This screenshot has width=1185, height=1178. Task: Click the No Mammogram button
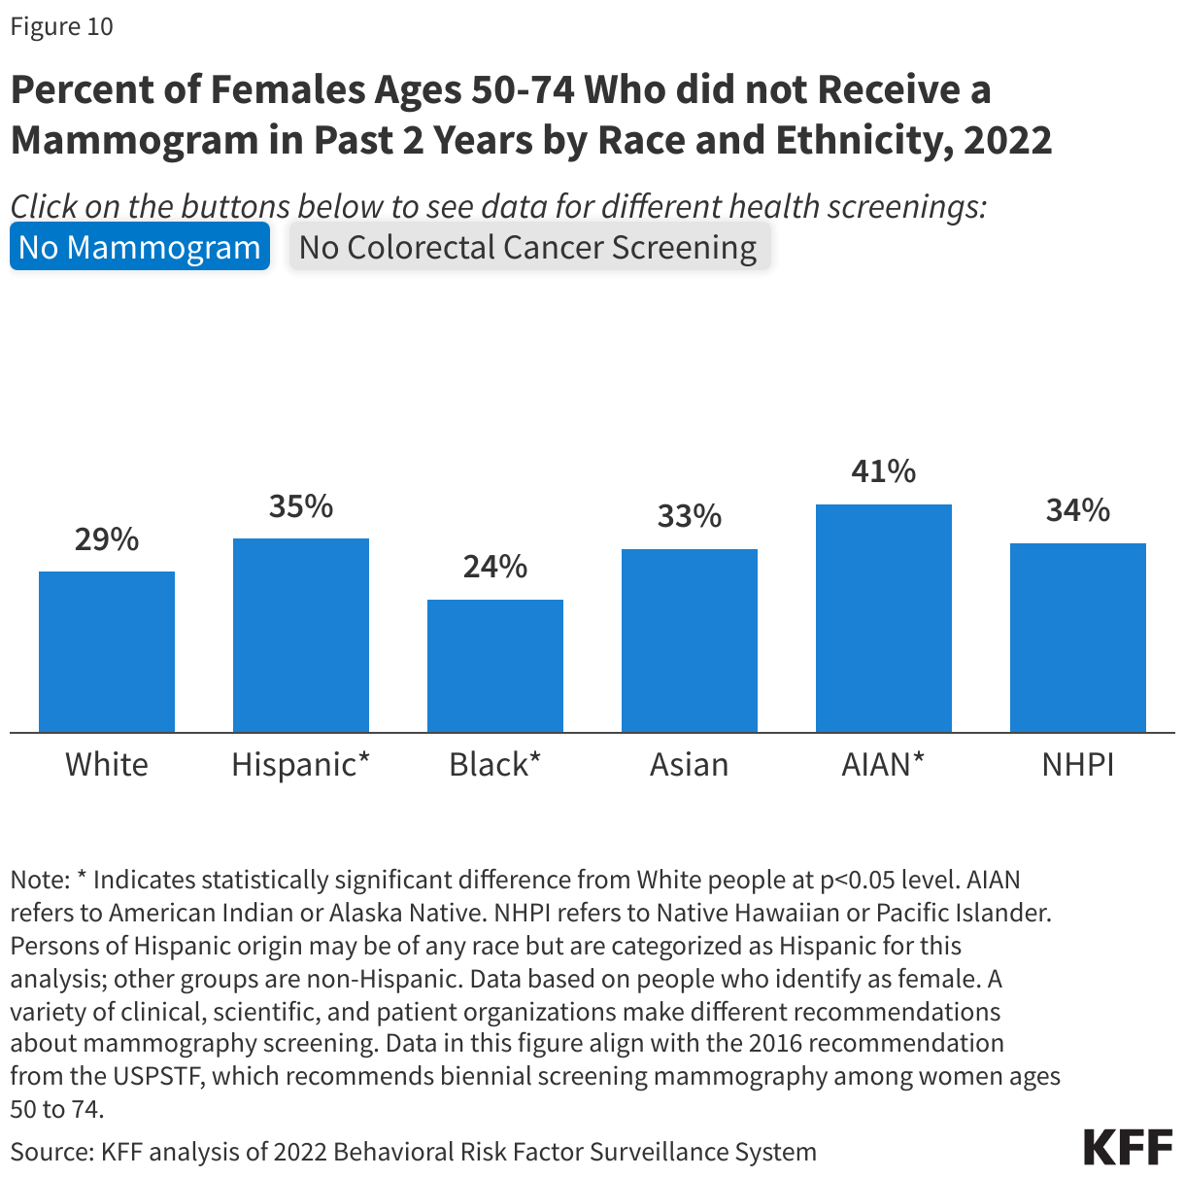(140, 247)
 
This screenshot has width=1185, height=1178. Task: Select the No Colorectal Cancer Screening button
(528, 247)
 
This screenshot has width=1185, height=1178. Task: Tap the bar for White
(107, 651)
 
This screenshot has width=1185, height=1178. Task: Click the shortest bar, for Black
(495, 666)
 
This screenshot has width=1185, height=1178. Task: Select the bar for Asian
(690, 641)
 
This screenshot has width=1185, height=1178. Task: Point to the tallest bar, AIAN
(884, 618)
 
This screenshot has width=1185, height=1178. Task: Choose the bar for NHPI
(1078, 638)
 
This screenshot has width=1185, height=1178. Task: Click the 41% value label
(884, 471)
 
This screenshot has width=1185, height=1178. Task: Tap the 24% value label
(495, 567)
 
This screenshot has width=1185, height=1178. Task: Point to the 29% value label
(107, 538)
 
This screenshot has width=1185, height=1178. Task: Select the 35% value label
(301, 505)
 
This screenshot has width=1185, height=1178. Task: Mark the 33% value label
(690, 516)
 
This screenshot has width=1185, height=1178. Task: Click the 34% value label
(1078, 510)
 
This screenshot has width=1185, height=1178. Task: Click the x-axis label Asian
(690, 765)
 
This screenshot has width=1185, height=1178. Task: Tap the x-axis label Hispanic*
(301, 765)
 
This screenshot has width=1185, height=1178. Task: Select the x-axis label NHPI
(1078, 765)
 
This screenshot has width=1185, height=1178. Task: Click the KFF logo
(1128, 1148)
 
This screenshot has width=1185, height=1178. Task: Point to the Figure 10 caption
(62, 26)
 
